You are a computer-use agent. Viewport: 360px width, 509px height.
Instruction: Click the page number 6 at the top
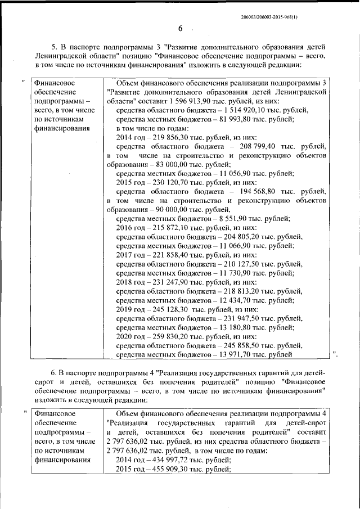point(181,29)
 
